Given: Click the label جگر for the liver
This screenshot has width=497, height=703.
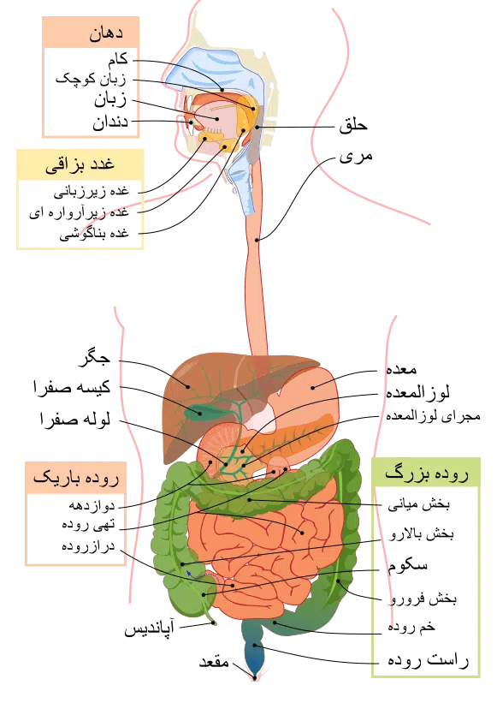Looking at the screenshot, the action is pyautogui.click(x=94, y=359).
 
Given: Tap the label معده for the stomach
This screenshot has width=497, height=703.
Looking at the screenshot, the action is pyautogui.click(x=402, y=369).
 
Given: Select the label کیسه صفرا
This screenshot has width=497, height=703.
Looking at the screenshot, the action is pyautogui.click(x=72, y=387).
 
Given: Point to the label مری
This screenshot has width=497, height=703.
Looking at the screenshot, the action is pyautogui.click(x=356, y=157).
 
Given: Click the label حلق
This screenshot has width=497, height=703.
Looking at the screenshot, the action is pyautogui.click(x=353, y=125).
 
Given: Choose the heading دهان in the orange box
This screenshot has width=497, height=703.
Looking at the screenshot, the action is pyautogui.click(x=106, y=33).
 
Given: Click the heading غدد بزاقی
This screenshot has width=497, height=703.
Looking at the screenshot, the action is pyautogui.click(x=80, y=164).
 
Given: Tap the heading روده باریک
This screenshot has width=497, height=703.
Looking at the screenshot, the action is pyautogui.click(x=76, y=478).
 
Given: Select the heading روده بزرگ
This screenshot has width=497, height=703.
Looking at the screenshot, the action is pyautogui.click(x=426, y=474).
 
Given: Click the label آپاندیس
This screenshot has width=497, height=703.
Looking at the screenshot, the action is pyautogui.click(x=149, y=629).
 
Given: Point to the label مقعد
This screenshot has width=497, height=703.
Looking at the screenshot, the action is pyautogui.click(x=214, y=662).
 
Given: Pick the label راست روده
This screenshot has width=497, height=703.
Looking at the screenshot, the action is pyautogui.click(x=428, y=660).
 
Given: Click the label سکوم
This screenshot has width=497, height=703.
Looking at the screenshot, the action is pyautogui.click(x=407, y=566).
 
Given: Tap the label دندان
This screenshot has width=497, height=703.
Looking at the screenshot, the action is pyautogui.click(x=110, y=122).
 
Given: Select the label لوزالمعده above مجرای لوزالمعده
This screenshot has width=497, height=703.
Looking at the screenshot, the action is pyautogui.click(x=417, y=393).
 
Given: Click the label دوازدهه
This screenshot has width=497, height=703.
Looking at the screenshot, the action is pyautogui.click(x=92, y=505).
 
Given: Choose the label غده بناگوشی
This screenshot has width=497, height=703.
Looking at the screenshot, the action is pyautogui.click(x=94, y=234).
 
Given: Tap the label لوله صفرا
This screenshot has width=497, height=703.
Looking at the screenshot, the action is pyautogui.click(x=75, y=420).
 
